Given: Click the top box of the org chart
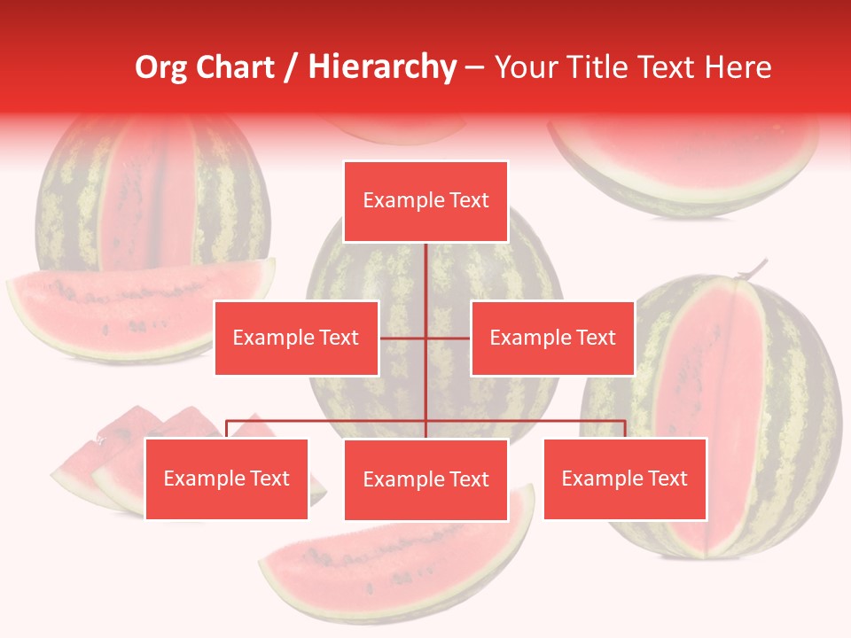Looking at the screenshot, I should [x=425, y=201].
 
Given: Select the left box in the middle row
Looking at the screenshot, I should [x=296, y=338].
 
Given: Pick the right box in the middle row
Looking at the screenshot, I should [x=552, y=338].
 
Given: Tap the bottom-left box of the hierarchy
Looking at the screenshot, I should [x=227, y=478].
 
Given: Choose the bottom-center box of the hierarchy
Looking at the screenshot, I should [x=425, y=479].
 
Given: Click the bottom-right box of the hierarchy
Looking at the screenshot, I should [x=625, y=478].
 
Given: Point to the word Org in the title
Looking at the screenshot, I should [x=160, y=66].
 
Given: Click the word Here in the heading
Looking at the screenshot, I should [x=738, y=66].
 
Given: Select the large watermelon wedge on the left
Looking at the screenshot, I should [x=133, y=306].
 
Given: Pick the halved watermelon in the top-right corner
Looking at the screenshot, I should [x=683, y=159].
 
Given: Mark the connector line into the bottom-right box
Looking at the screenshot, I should [x=625, y=428].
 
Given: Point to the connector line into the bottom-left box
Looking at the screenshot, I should [x=227, y=429].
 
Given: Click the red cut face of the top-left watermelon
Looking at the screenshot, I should [x=151, y=195].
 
